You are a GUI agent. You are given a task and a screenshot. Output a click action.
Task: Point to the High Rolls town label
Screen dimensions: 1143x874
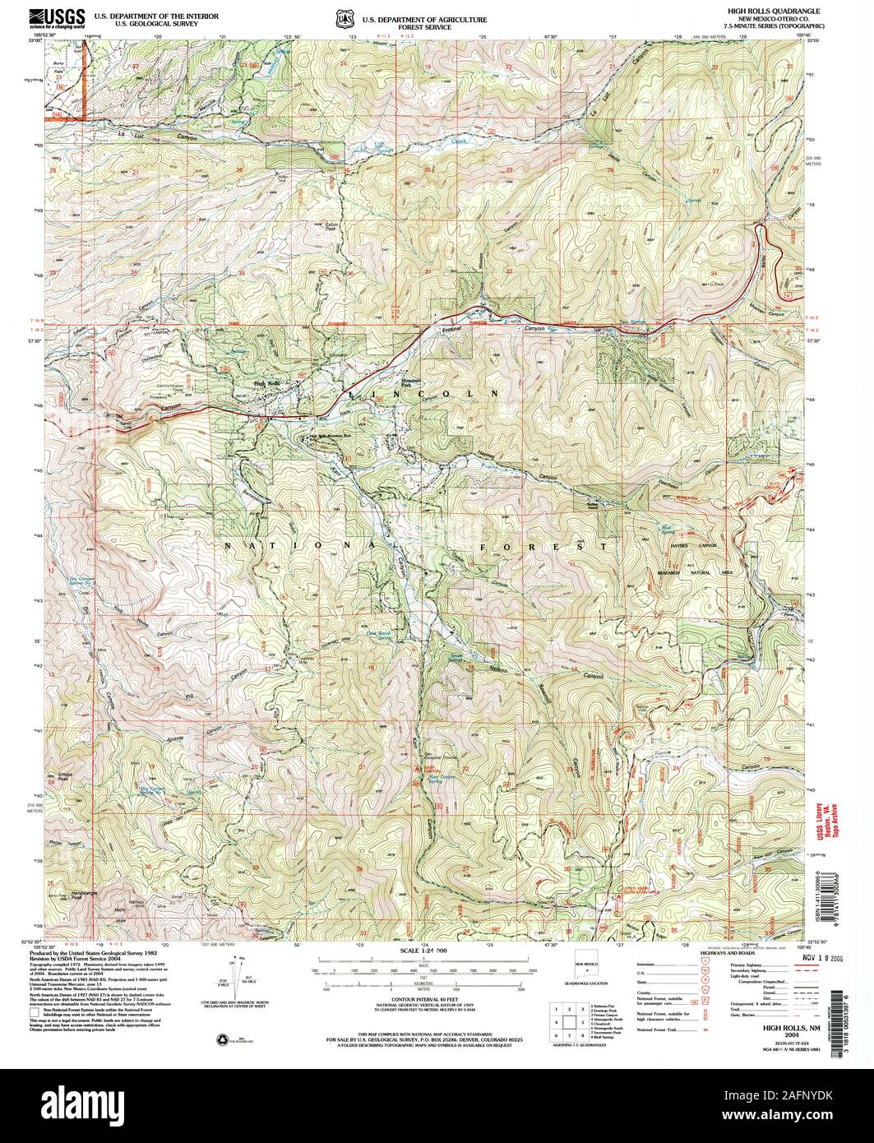point(267,384)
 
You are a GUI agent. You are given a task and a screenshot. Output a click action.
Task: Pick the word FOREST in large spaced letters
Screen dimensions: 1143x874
point(544,545)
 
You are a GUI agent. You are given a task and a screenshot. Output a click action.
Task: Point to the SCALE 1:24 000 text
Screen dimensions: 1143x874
point(424,950)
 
